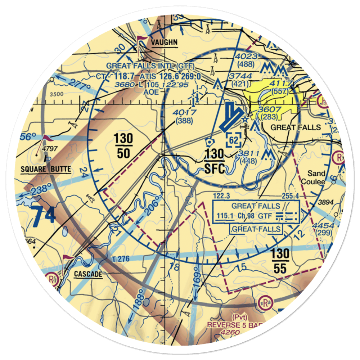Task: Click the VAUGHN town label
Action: tap(165, 42)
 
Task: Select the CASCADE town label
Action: tap(88, 274)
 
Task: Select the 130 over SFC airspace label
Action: tap(215, 161)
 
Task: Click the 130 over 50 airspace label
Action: tap(123, 146)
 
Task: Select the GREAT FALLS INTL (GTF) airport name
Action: tap(150, 66)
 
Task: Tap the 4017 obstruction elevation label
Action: tap(184, 113)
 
